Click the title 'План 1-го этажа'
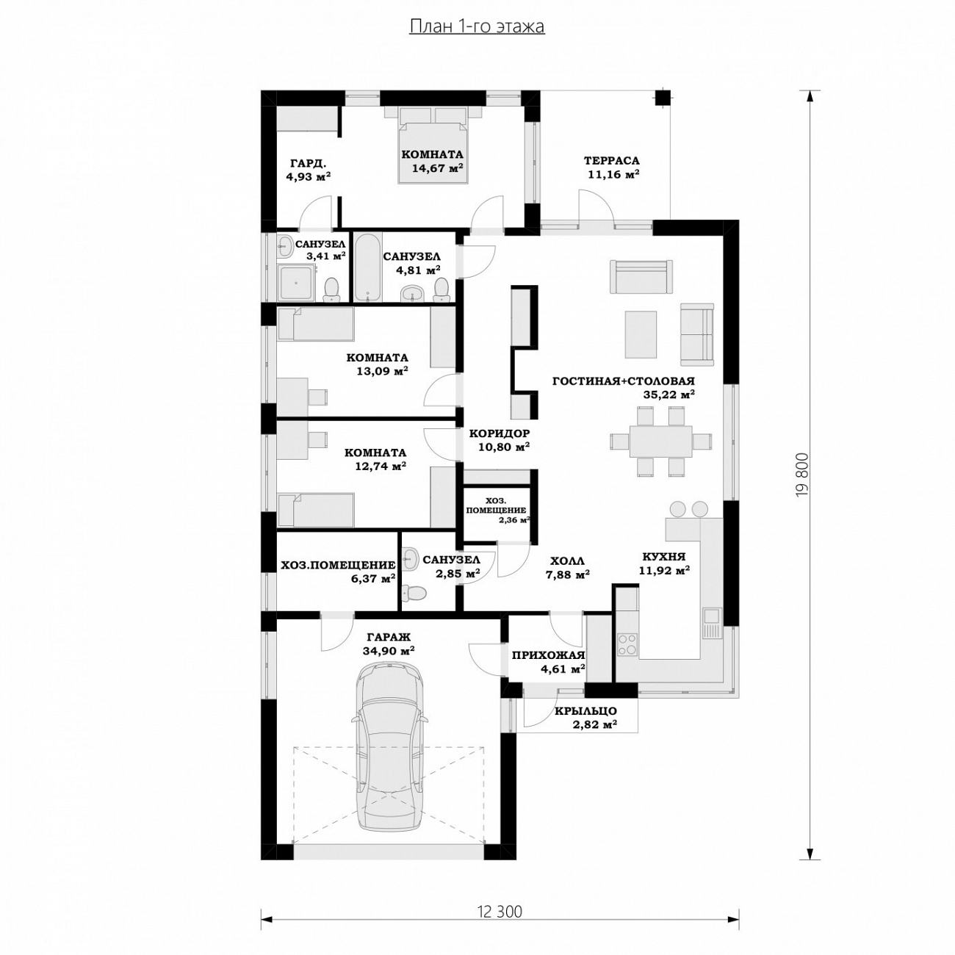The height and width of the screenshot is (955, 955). (477, 26)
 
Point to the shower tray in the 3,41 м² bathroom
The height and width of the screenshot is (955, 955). (296, 282)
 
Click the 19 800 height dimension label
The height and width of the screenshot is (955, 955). (802, 475)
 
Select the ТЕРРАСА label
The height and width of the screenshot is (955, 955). (611, 161)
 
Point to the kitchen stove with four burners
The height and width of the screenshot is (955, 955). (627, 645)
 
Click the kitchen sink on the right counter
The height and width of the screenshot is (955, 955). (712, 624)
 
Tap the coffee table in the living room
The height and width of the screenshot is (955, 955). (641, 334)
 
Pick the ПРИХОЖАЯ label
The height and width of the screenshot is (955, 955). (548, 655)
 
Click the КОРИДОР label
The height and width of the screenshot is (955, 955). (500, 433)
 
